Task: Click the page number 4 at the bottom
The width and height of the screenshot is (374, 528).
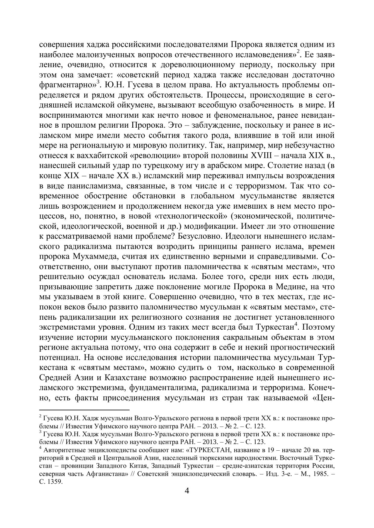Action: tap(187, 491)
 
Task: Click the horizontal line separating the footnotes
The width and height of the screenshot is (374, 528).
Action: tap(84, 410)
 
